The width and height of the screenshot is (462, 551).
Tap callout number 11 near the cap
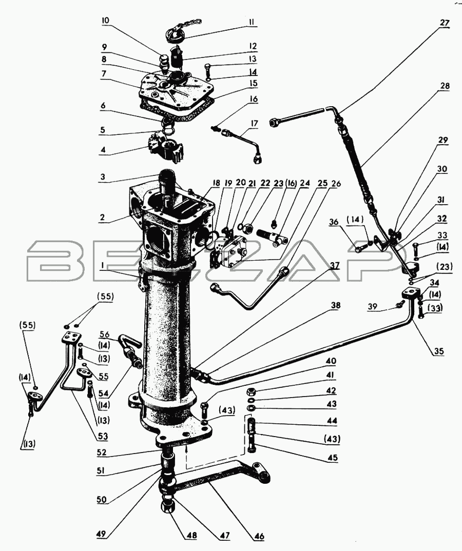253,23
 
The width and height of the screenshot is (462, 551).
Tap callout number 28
444,86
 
